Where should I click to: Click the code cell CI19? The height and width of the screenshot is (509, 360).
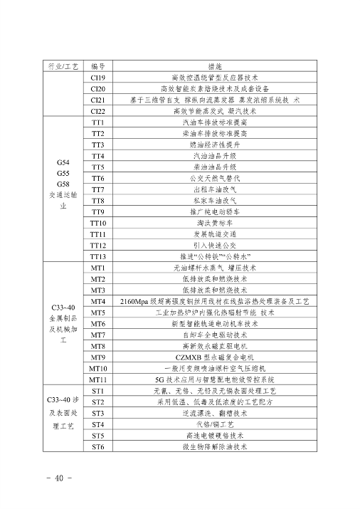coord(98,78)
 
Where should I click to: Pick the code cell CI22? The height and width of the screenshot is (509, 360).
coord(98,111)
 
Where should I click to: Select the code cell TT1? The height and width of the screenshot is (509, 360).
coord(98,122)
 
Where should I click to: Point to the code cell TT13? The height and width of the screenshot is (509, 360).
coord(98,256)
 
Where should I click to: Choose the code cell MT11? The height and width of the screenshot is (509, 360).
coord(98,379)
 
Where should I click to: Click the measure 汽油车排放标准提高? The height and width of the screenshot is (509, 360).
coord(215,122)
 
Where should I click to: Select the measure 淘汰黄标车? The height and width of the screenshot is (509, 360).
coord(215,223)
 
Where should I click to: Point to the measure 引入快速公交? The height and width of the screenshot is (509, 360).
coord(215,245)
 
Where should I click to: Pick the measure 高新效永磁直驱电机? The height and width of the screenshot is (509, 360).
coord(215,346)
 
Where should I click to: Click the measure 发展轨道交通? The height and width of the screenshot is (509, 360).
coord(215,234)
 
